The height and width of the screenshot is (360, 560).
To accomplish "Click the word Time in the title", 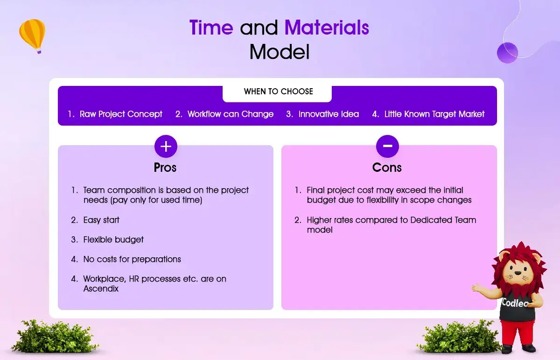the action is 211,27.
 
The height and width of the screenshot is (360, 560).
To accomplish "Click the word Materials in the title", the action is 327,27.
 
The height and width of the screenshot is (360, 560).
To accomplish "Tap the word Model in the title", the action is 280,52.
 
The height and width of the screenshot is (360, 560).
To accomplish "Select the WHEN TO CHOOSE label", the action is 278,92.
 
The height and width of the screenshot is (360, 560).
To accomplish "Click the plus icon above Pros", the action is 166,146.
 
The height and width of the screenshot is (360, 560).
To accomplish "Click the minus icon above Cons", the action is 387,146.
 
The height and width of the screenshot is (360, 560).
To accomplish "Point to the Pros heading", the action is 165,168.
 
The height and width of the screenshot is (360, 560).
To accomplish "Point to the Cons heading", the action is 387,168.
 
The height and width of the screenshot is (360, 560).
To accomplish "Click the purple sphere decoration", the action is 507,53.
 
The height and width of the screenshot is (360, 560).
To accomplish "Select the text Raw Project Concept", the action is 121,114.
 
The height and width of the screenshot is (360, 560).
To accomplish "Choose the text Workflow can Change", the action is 231,114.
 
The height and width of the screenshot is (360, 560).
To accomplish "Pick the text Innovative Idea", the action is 329,114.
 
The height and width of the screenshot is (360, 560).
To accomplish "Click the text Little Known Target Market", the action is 434,114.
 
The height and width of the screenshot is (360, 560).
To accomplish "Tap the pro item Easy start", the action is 101,220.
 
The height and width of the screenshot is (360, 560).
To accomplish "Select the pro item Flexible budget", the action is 113,240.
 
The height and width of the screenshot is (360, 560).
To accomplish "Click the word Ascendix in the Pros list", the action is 101,289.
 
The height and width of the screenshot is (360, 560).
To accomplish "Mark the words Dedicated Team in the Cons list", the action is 443,220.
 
